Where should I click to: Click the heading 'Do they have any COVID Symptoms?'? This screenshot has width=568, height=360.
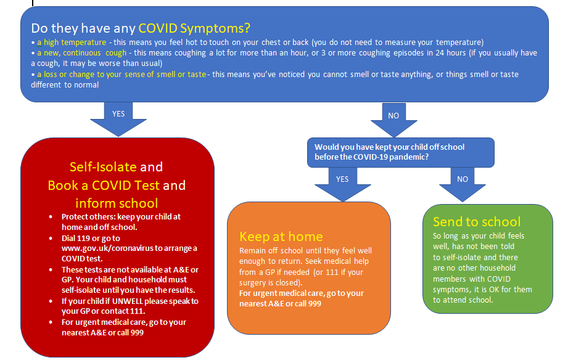click(x=141, y=28)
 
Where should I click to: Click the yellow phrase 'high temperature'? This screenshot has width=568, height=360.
click(x=75, y=43)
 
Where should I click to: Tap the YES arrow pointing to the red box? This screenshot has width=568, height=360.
click(x=118, y=119)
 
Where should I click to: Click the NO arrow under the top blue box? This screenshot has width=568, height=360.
click(x=393, y=120)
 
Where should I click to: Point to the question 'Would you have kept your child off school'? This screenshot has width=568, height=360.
click(x=389, y=147)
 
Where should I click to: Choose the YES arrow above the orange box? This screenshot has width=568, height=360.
click(x=343, y=184)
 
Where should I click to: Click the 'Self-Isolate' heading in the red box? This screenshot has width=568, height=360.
click(x=103, y=167)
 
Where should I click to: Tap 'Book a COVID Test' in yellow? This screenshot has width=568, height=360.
click(x=104, y=186)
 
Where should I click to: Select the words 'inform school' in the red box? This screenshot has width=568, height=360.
click(x=117, y=203)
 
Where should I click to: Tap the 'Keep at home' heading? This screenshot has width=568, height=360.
click(x=281, y=237)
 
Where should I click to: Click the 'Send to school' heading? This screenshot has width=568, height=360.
click(x=477, y=222)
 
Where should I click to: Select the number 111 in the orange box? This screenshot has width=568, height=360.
click(x=332, y=272)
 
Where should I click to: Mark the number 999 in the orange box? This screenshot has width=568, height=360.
click(x=315, y=304)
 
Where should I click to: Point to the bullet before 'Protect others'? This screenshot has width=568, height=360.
click(x=51, y=217)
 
